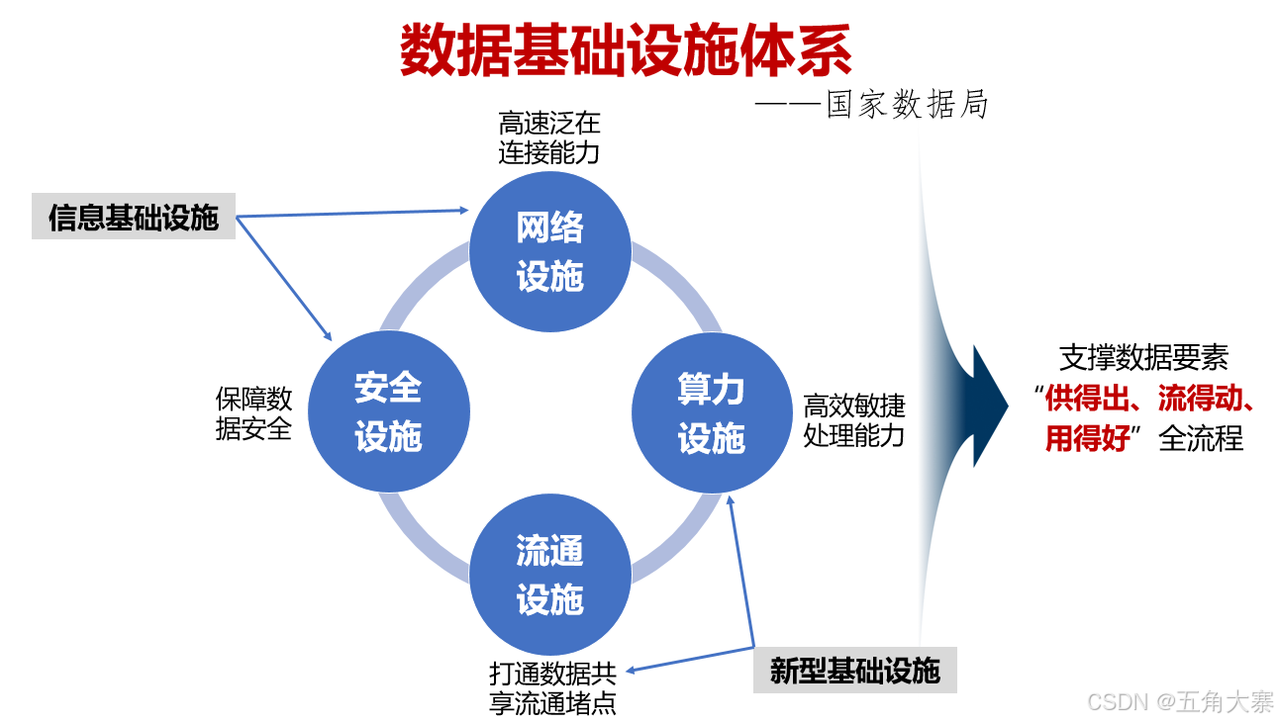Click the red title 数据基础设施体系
[x=626, y=51]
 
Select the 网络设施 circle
[x=549, y=252]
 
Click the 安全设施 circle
[x=388, y=411]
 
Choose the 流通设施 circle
[x=549, y=575]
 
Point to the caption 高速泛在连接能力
[x=549, y=138]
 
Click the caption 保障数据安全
[x=254, y=413]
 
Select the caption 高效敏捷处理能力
[x=853, y=420]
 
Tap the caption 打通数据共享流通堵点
[x=553, y=688]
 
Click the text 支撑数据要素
[x=1143, y=358]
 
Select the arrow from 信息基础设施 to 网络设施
[x=351, y=213]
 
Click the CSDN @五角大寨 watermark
[x=1180, y=702]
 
